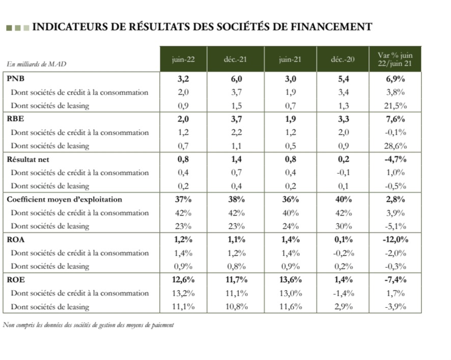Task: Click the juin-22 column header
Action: point(183,59)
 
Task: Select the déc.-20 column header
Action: point(343,59)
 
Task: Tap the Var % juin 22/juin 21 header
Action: point(396,59)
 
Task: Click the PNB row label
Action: point(15,79)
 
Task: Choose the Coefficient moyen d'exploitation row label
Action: point(64,199)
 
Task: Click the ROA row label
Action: point(15,239)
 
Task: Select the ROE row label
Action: point(15,279)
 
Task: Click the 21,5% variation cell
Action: point(396,106)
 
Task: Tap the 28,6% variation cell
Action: point(396,146)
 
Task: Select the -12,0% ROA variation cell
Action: point(396,239)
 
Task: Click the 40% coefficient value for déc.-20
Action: point(343,199)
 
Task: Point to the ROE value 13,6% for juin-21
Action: point(290,279)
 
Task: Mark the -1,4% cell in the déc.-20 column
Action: point(343,293)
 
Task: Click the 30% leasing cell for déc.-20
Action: point(343,226)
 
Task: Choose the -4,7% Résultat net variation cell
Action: point(396,159)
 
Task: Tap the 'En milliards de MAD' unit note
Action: point(37,64)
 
